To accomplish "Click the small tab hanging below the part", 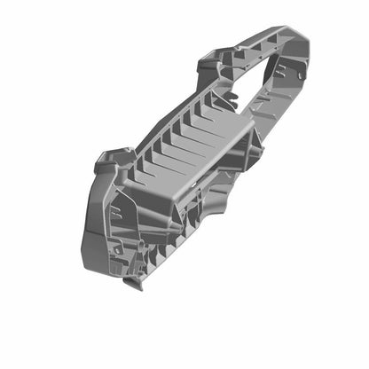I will (133, 285).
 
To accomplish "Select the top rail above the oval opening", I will (266, 44).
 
